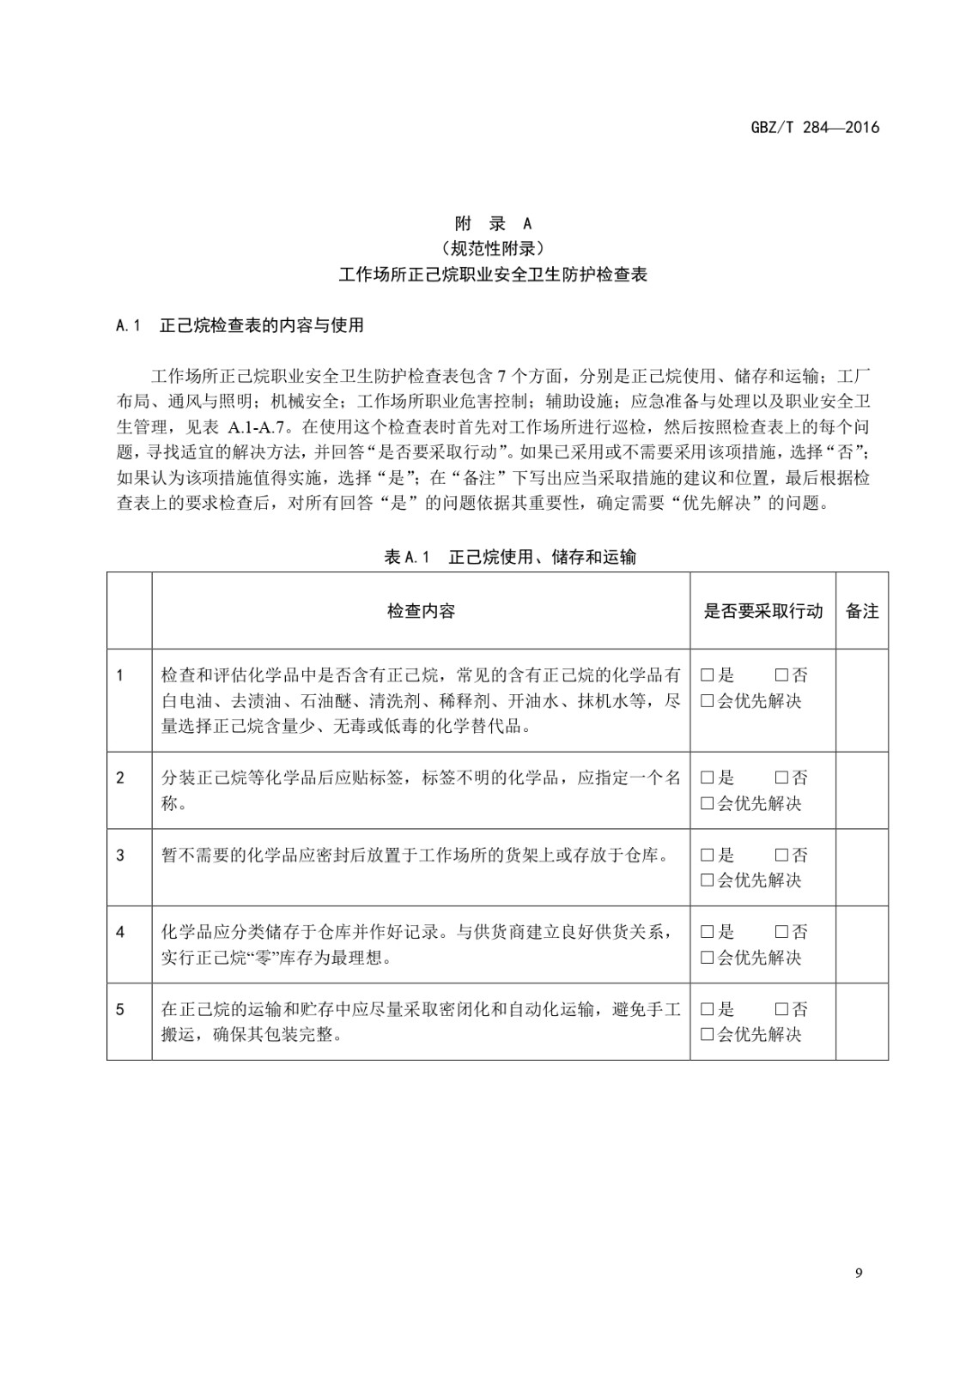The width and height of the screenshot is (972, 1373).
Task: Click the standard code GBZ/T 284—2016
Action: pyautogui.click(x=815, y=128)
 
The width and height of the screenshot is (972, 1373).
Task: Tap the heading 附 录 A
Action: pyautogui.click(x=493, y=224)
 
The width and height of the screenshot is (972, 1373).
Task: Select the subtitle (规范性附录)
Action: pyautogui.click(x=493, y=249)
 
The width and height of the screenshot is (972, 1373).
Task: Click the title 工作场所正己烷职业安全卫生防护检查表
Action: pyautogui.click(x=493, y=275)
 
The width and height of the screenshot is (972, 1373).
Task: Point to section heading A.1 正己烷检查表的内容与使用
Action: pyautogui.click(x=240, y=325)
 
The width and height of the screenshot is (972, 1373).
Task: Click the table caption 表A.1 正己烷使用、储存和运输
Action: pyautogui.click(x=510, y=557)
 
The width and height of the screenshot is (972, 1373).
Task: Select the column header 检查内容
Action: pyautogui.click(x=421, y=611)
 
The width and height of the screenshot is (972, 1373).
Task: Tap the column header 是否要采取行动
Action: pyautogui.click(x=762, y=611)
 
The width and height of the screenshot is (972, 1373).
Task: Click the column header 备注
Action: pyautogui.click(x=862, y=611)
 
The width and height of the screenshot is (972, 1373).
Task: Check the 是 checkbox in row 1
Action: pyautogui.click(x=708, y=675)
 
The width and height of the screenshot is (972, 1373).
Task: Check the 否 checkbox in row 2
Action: pyautogui.click(x=781, y=777)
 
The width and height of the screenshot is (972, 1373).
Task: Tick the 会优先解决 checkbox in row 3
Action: pyautogui.click(x=708, y=880)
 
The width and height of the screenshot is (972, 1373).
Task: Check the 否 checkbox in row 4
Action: pyautogui.click(x=781, y=932)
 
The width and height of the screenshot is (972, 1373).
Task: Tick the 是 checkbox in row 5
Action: pyautogui.click(x=708, y=1009)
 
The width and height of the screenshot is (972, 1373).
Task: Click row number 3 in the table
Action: pyautogui.click(x=120, y=855)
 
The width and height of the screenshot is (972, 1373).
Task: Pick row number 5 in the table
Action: pyautogui.click(x=120, y=1009)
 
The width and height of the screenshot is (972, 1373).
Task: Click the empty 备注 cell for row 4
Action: pyautogui.click(x=862, y=944)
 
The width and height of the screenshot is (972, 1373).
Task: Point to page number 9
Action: pyautogui.click(x=859, y=1273)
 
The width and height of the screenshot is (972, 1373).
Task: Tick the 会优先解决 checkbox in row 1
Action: pyautogui.click(x=708, y=701)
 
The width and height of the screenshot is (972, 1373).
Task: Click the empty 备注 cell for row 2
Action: pyautogui.click(x=862, y=790)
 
